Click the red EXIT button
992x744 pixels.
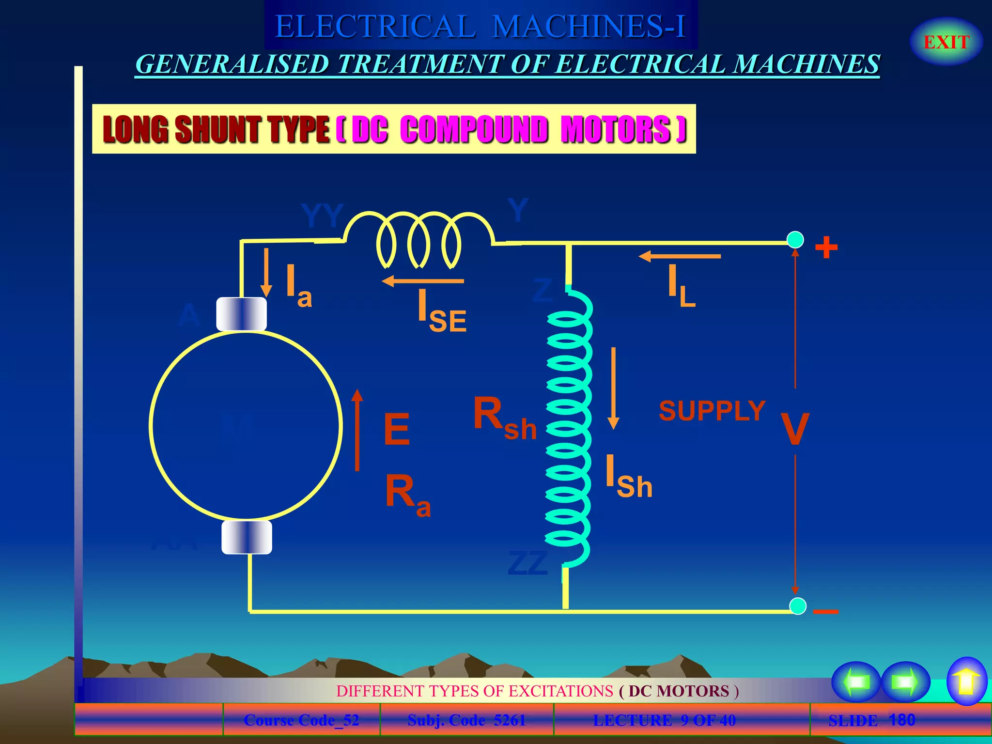(946, 42)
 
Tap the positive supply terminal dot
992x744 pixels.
(795, 240)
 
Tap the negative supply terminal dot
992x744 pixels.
(798, 606)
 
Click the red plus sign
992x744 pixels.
(826, 248)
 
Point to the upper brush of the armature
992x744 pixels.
(241, 314)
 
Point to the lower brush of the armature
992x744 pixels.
(247, 537)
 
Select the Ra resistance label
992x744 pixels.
(407, 494)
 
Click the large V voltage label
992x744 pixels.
(795, 428)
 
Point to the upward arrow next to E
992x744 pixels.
(357, 429)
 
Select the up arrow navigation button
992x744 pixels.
(966, 681)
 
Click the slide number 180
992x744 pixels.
(902, 720)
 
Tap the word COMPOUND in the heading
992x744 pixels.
(474, 129)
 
